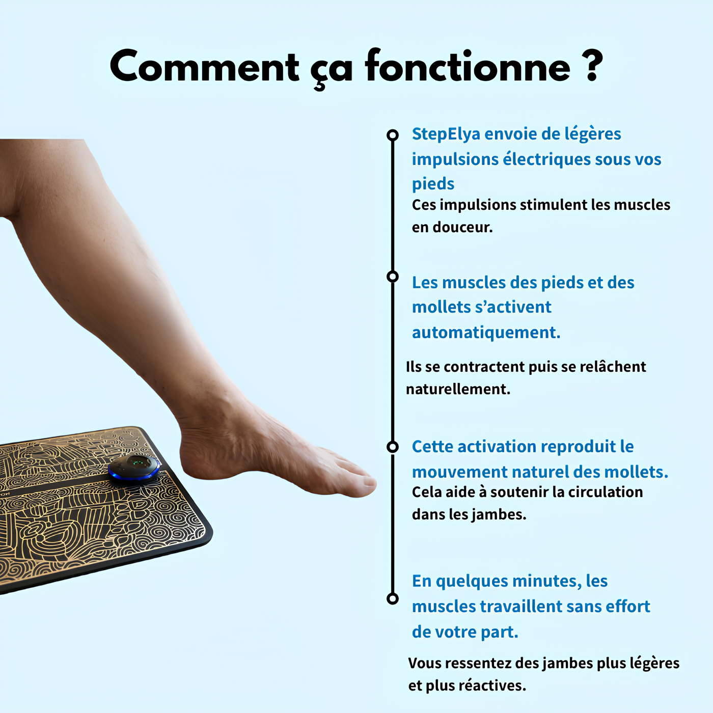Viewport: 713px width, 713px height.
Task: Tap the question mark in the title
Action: coord(592,66)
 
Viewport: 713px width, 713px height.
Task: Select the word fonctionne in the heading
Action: coord(468,67)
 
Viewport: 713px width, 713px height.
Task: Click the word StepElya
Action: coord(446,134)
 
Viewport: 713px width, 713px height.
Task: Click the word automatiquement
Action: coord(486,333)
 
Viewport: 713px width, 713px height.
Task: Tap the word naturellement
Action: coord(458,389)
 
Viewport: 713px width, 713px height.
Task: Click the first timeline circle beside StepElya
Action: coord(392,135)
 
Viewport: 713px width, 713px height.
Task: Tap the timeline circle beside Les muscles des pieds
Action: coord(392,277)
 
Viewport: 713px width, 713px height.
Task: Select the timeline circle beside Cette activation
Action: coord(392,447)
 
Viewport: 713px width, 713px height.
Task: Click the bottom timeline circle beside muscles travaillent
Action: coord(392,598)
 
